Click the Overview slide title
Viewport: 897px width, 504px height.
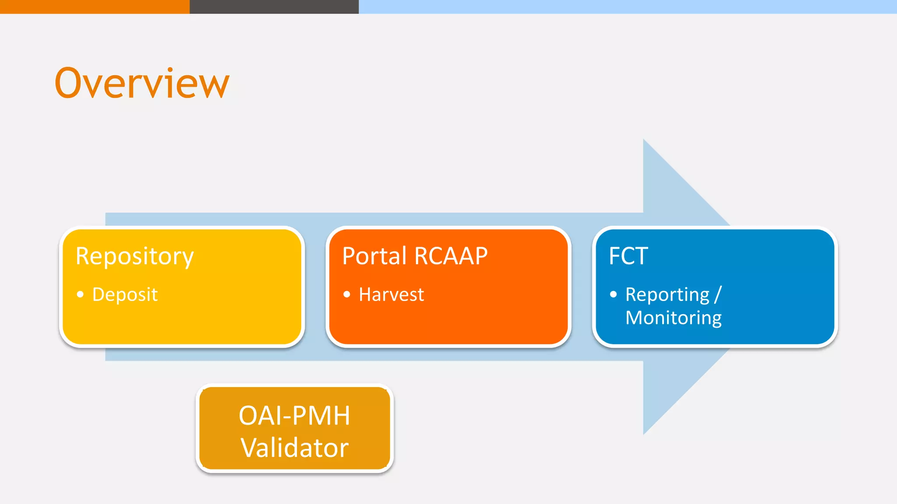(x=142, y=83)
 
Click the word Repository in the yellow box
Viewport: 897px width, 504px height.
(x=134, y=256)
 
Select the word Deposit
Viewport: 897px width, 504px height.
(x=125, y=294)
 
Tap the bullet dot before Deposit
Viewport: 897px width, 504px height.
(x=80, y=294)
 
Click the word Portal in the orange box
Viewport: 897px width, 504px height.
(x=374, y=256)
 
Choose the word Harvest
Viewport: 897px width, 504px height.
(x=391, y=294)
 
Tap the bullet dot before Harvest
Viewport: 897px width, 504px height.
(x=347, y=294)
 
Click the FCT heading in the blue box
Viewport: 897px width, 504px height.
(x=628, y=256)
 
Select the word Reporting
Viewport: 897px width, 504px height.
(x=667, y=294)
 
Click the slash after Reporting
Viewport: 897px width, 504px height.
(x=717, y=294)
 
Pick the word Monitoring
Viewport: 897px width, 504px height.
(x=673, y=318)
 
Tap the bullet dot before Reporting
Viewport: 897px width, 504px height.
(x=613, y=294)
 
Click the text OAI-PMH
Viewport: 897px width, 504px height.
(x=294, y=415)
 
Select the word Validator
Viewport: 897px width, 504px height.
(x=294, y=448)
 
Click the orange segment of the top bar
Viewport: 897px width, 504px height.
(x=95, y=7)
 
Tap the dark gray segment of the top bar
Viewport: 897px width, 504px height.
(x=274, y=7)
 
